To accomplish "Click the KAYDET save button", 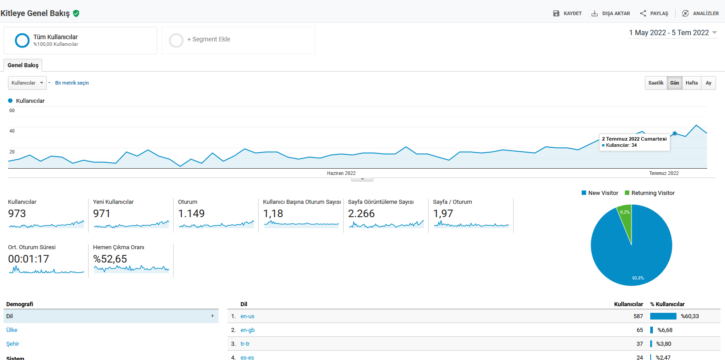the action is click(567, 13).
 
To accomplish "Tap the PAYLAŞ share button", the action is click(654, 13).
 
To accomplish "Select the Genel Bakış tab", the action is click(23, 65).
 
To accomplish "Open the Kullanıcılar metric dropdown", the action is click(27, 83).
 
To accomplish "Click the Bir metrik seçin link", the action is click(72, 83).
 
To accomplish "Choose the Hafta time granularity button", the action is click(692, 83).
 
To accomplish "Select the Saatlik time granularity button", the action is click(656, 83).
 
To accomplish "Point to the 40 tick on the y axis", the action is click(12, 131).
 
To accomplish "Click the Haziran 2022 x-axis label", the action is click(341, 173).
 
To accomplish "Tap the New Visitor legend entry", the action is click(600, 193).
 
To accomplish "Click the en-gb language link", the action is click(247, 330).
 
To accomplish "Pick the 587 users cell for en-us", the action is click(638, 316).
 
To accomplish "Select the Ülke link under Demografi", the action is click(12, 330).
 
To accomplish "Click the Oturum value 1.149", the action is click(191, 214).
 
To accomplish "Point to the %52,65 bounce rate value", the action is click(110, 259).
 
